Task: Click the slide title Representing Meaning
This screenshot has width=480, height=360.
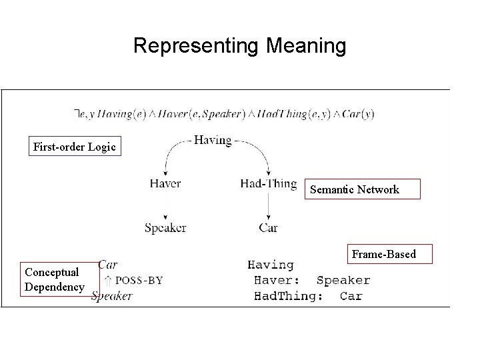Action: pyautogui.click(x=240, y=46)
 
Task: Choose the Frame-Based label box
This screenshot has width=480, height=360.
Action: pyautogui.click(x=383, y=254)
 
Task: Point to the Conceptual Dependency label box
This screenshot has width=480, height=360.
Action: pyautogui.click(x=53, y=279)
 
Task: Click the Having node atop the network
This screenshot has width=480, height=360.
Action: pyautogui.click(x=213, y=141)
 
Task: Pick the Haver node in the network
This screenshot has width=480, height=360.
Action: pyautogui.click(x=165, y=184)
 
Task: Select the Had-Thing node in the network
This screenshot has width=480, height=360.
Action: pyautogui.click(x=269, y=184)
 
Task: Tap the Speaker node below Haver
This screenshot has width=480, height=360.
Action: pyautogui.click(x=165, y=228)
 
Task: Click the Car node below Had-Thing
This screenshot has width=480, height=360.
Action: pyautogui.click(x=268, y=228)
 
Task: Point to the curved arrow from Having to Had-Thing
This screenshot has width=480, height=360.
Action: pyautogui.click(x=257, y=154)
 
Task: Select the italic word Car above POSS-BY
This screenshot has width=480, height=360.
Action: pyautogui.click(x=107, y=265)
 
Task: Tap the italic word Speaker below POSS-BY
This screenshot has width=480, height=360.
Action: pyautogui.click(x=112, y=296)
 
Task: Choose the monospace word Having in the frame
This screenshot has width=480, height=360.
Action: pyautogui.click(x=271, y=265)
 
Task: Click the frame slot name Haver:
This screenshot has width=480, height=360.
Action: pyautogui.click(x=277, y=281)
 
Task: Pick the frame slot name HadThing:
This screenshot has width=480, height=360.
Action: pyautogui.click(x=288, y=296)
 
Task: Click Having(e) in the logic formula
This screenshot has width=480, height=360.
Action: pyautogui.click(x=122, y=114)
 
